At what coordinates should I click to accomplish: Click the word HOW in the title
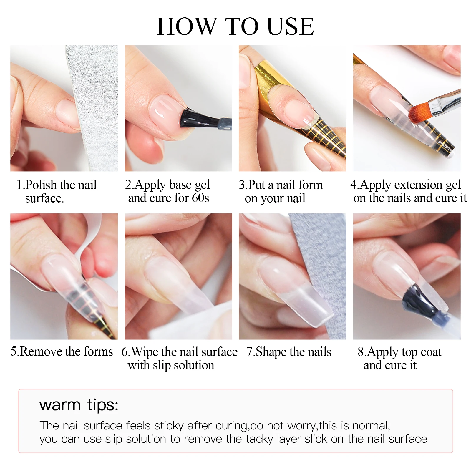click(186, 26)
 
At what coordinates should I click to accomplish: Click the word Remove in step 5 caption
click(42, 351)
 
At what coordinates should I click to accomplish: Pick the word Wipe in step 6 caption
click(145, 352)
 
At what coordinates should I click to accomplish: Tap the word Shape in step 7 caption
click(271, 352)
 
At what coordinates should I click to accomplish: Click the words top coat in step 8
click(421, 352)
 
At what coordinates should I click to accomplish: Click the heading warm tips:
click(79, 405)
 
